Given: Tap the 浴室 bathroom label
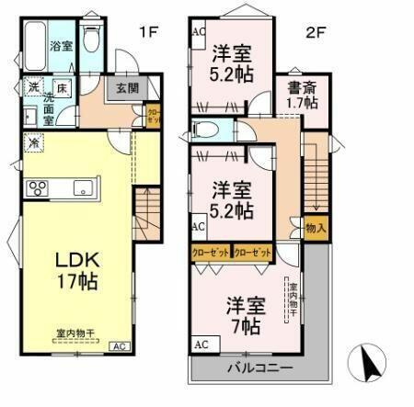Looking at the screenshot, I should tap(62, 46).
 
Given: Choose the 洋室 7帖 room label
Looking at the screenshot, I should tap(246, 312).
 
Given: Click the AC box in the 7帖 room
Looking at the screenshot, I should tap(201, 345).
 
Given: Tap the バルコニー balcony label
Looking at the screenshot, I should tap(259, 367).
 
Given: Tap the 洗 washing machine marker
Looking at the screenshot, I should tap(32, 89).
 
